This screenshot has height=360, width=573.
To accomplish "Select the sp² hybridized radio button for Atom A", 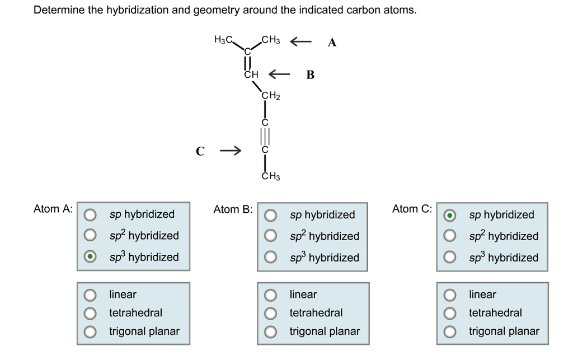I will point(89,235).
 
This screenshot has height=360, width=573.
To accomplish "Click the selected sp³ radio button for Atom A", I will point(89,257).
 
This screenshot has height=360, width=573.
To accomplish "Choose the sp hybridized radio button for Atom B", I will point(270,215).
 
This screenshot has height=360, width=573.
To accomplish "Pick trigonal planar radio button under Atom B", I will point(270,331).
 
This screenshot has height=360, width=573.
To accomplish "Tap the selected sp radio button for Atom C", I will point(450,215).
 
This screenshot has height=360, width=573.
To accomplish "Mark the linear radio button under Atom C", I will point(450,294).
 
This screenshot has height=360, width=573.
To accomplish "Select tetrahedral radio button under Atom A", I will point(89,312).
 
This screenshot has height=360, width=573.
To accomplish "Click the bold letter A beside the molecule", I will point(332,43).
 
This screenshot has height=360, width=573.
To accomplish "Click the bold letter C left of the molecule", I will point(200,151).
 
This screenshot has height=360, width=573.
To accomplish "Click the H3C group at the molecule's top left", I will point(224,40).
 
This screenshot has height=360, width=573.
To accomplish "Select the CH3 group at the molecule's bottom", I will point(271,176).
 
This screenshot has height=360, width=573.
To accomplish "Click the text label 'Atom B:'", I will point(233,209).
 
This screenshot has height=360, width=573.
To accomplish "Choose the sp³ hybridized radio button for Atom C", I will point(450,258).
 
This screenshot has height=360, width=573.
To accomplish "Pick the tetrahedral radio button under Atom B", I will point(270,313).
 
